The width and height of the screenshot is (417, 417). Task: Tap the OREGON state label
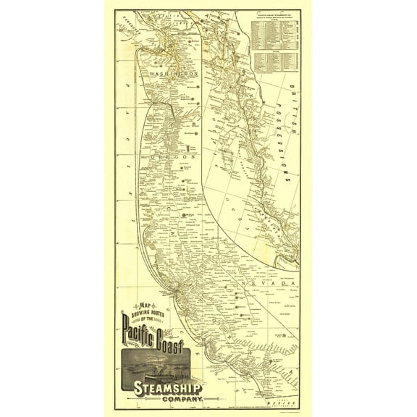(x=174, y=156)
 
